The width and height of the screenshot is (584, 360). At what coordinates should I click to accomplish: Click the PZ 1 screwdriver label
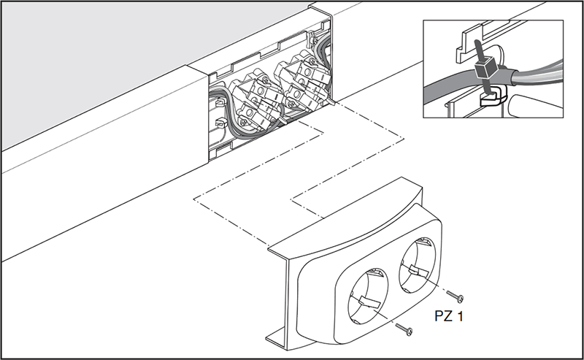(x=449, y=316)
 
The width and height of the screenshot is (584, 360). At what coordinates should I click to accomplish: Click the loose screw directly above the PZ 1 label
(x=455, y=296)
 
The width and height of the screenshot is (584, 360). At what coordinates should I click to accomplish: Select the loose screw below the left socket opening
(x=404, y=329)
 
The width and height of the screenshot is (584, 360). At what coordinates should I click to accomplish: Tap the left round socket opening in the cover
(x=368, y=294)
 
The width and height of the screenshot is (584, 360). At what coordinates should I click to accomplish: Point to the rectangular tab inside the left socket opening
(x=370, y=301)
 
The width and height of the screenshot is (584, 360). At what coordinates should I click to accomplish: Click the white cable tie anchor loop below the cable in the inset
(x=492, y=98)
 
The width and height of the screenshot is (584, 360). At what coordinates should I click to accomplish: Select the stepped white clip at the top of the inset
(x=469, y=44)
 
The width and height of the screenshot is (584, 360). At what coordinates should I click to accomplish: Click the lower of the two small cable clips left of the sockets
(x=222, y=123)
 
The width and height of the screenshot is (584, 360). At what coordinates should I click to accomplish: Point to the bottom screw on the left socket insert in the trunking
(x=244, y=121)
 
